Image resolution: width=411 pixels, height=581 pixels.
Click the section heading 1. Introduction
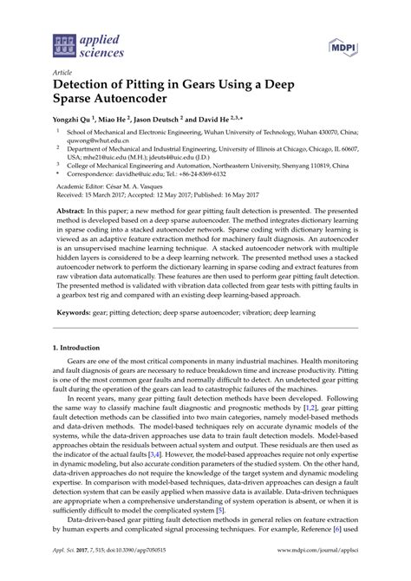(x=83, y=371)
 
